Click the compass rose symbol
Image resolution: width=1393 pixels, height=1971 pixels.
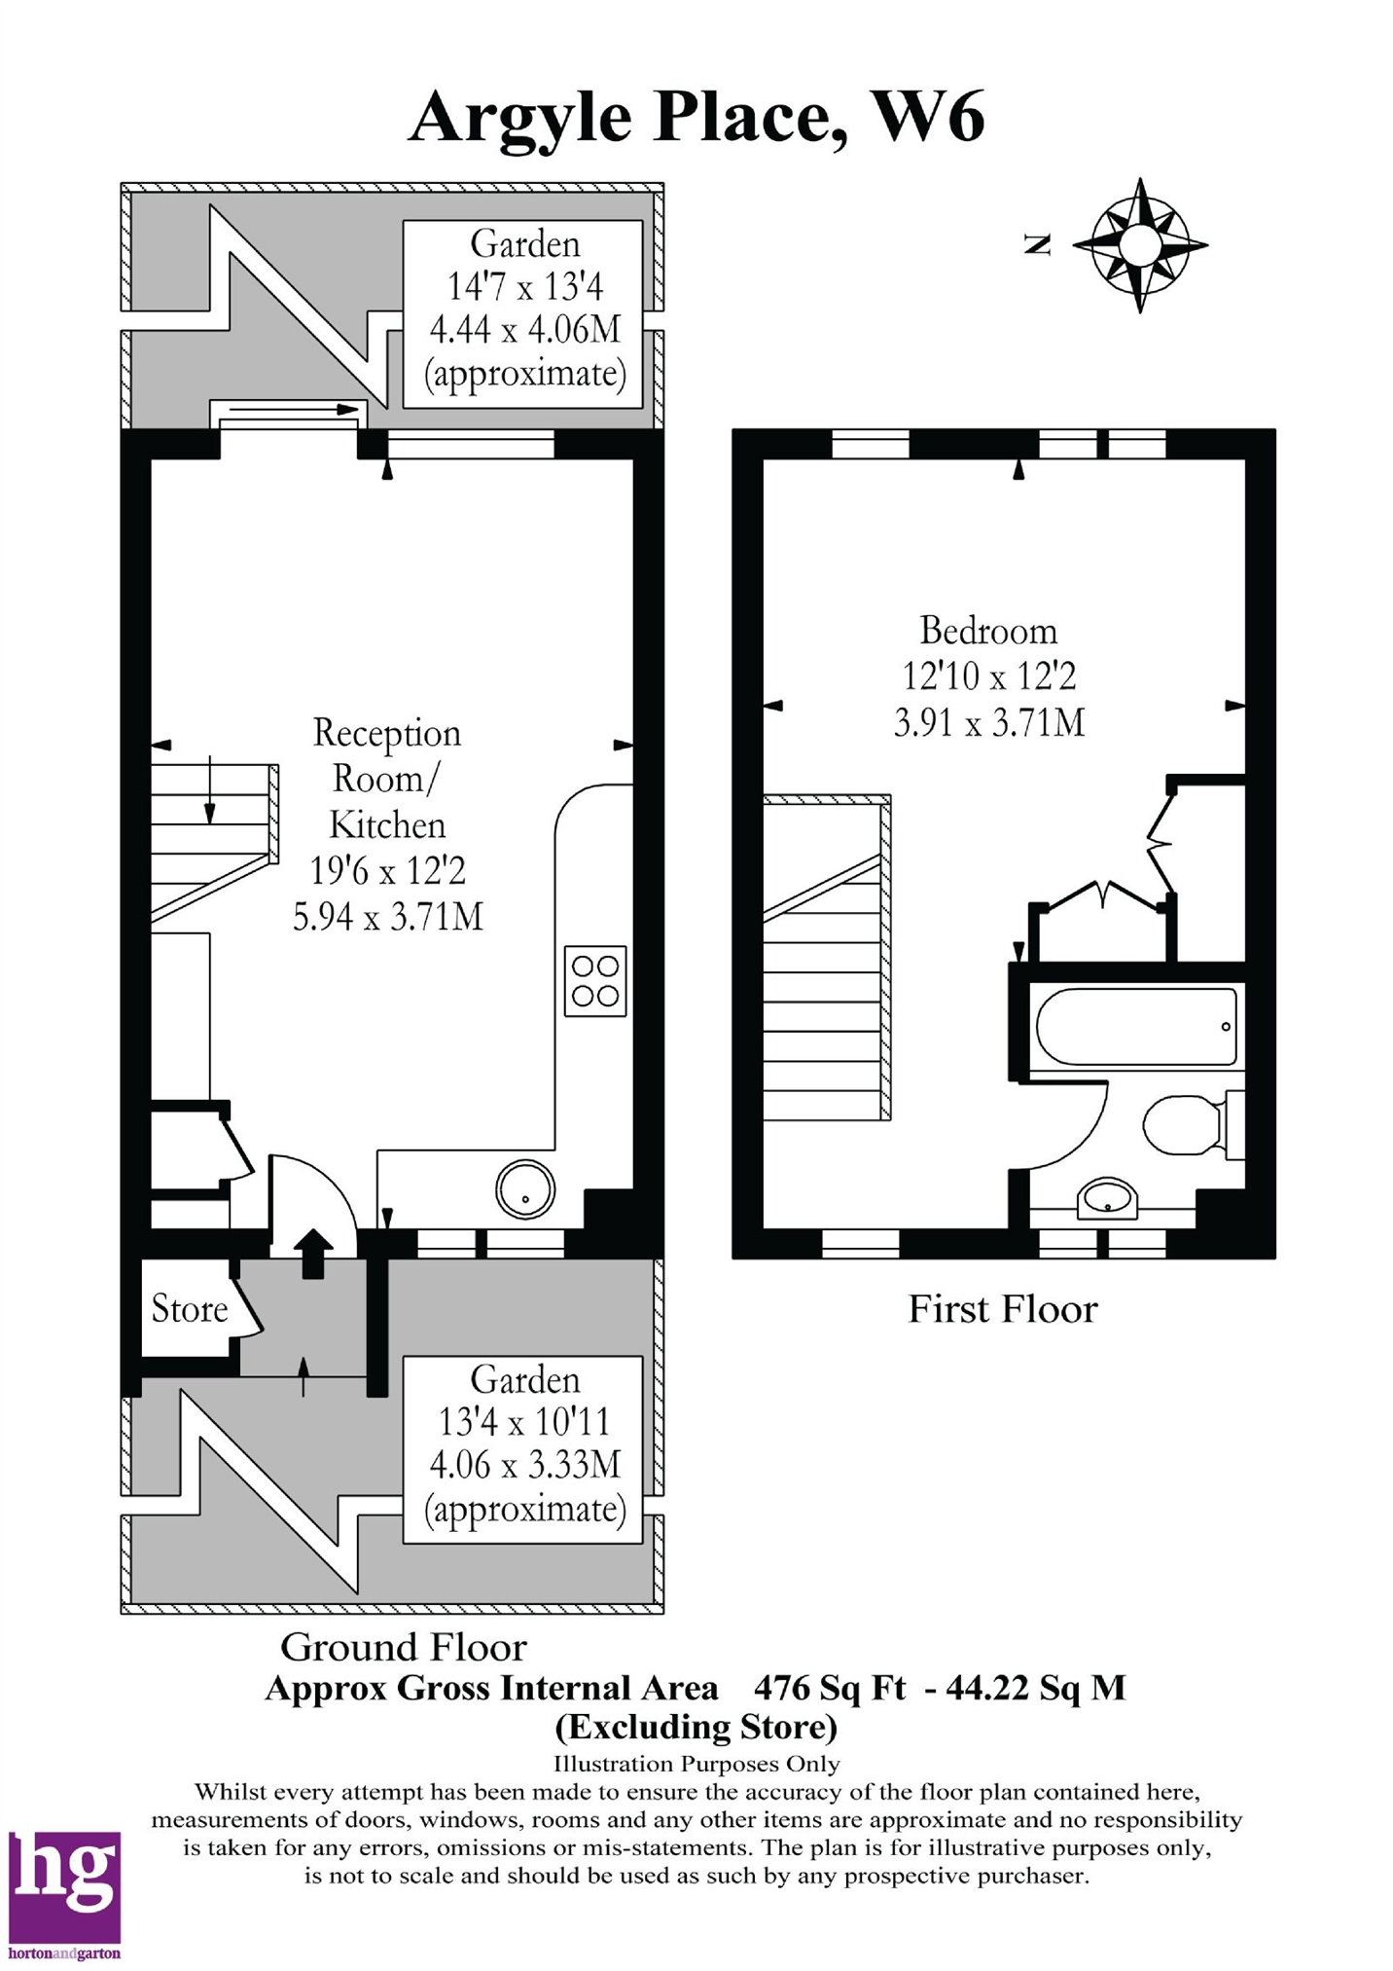click(1140, 245)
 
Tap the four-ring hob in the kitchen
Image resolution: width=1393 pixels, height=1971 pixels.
click(595, 981)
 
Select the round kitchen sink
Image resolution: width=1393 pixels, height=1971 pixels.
click(525, 1189)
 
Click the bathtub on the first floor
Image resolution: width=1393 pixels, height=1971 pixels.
click(1136, 1027)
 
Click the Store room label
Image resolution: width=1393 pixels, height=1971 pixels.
click(190, 1308)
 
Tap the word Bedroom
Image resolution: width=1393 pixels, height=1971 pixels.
click(988, 631)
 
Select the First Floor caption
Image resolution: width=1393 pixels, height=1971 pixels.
click(1002, 1309)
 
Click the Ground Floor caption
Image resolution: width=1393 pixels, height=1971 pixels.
click(404, 1647)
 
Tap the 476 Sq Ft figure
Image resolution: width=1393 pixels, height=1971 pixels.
click(830, 1687)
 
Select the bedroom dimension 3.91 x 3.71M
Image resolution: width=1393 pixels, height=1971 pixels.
click(989, 723)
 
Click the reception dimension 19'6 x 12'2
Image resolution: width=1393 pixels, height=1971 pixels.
click(388, 870)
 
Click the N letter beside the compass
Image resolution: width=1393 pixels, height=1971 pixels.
click(1039, 245)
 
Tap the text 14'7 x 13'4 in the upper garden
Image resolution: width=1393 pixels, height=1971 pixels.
click(525, 287)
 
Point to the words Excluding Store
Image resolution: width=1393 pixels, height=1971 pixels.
click(696, 1727)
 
